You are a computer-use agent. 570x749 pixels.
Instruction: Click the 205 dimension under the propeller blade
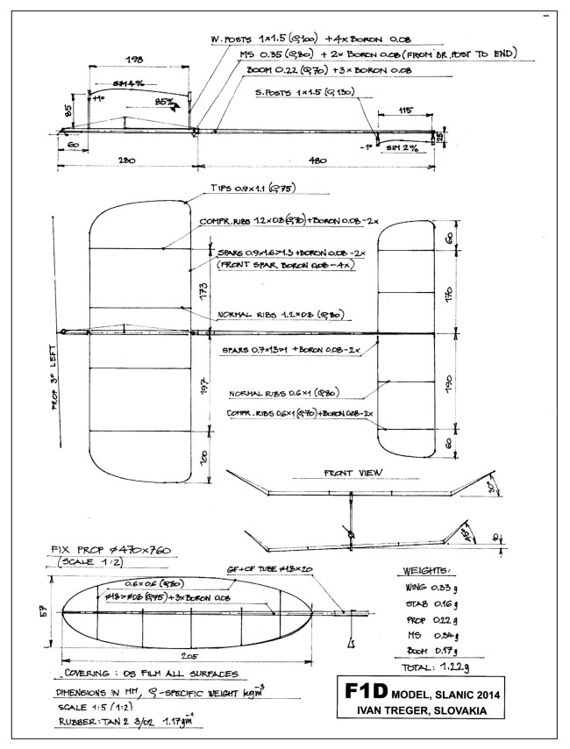click(x=185, y=654)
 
